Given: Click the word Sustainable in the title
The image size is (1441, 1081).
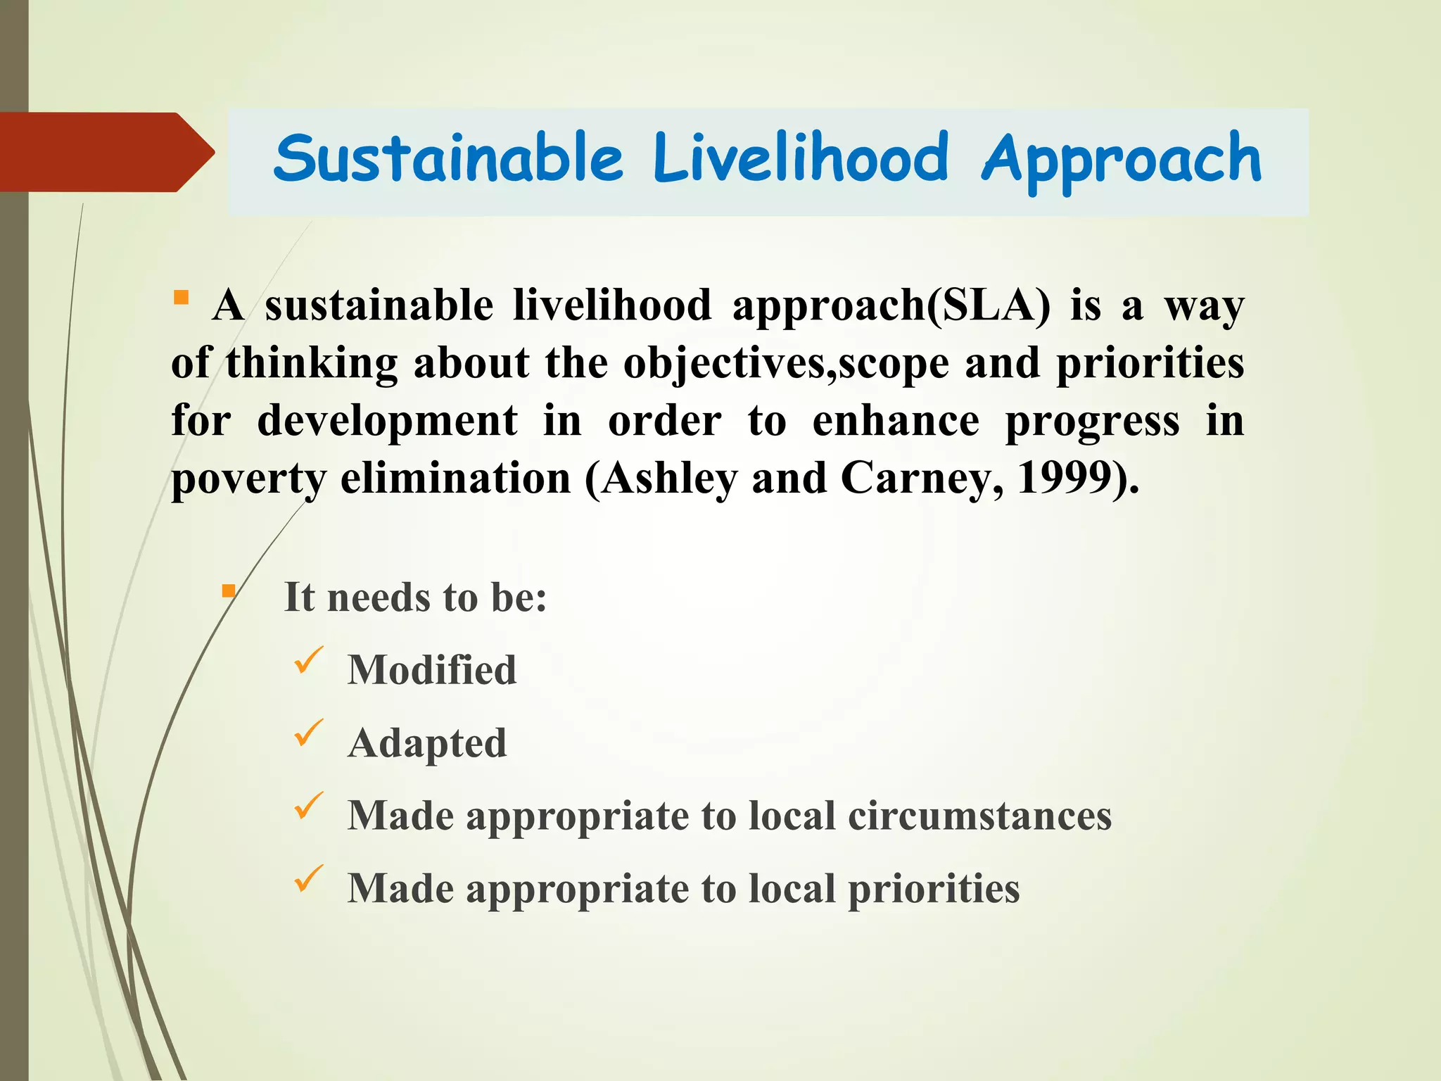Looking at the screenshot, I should [x=448, y=158].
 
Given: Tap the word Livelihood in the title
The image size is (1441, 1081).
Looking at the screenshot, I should [x=801, y=158].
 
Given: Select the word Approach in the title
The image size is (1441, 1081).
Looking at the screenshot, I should [x=1121, y=160].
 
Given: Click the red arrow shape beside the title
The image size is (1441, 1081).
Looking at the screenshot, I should [x=106, y=152].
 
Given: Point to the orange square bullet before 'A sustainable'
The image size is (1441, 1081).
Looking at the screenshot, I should [x=181, y=298].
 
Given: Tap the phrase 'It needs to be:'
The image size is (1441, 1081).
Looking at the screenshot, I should [x=415, y=598].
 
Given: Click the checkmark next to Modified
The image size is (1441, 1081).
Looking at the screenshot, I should [x=308, y=661].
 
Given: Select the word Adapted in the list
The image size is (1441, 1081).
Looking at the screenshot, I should [x=427, y=743].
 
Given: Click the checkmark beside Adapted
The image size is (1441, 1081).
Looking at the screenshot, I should [x=308, y=733].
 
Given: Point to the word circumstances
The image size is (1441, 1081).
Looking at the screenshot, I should [x=979, y=816].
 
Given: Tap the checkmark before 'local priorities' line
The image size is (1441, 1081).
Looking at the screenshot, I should [x=308, y=878].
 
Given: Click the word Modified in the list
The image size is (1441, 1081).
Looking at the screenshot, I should [x=432, y=669].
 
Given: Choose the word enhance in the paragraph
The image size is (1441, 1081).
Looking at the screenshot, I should [x=896, y=422].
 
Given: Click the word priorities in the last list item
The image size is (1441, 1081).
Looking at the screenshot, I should [x=934, y=889].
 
